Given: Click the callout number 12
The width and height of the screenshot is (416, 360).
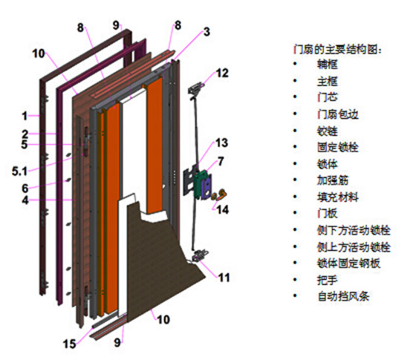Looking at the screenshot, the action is (x=222, y=73).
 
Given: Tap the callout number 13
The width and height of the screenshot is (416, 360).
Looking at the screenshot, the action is (x=221, y=143).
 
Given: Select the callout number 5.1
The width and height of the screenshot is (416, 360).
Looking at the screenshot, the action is (x=19, y=171).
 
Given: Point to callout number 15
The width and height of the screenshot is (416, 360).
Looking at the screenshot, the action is (x=70, y=344).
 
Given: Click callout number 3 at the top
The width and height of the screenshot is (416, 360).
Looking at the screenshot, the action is (x=207, y=31).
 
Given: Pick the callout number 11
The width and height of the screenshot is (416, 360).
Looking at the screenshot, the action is (x=224, y=278).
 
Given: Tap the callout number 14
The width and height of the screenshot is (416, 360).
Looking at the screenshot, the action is (x=222, y=209).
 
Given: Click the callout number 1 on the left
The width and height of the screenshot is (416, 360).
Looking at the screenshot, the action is (x=25, y=116).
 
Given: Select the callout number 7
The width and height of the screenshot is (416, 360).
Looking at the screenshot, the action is (x=221, y=162).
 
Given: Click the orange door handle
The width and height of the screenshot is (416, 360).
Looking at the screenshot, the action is (x=219, y=195).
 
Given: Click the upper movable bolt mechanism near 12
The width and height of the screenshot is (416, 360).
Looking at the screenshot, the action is (x=195, y=88).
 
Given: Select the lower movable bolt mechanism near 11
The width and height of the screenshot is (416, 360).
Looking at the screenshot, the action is (x=200, y=256).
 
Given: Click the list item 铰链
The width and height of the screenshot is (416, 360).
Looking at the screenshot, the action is (x=328, y=131).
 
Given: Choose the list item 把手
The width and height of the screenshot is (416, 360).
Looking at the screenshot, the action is (x=328, y=280).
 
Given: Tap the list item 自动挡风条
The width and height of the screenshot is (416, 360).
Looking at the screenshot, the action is (x=343, y=296).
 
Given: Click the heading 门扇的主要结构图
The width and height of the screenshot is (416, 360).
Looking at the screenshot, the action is (x=337, y=49).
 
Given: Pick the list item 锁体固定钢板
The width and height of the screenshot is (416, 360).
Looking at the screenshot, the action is (x=348, y=263).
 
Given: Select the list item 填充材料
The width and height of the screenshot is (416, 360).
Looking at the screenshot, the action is (x=338, y=197).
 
